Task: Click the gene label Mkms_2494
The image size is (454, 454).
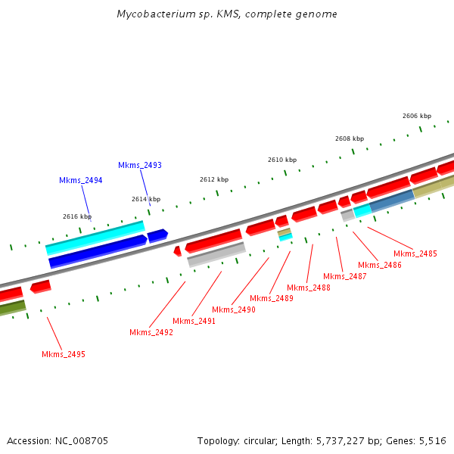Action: pyautogui.click(x=80, y=180)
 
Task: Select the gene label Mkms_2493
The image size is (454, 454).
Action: pyautogui.click(x=140, y=165)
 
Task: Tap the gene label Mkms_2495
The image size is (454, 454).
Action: pyautogui.click(x=64, y=354)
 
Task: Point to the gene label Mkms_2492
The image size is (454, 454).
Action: pyautogui.click(x=151, y=332)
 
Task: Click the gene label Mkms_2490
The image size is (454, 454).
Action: pyautogui.click(x=234, y=309)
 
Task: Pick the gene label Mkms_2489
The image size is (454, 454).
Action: pyautogui.click(x=272, y=298)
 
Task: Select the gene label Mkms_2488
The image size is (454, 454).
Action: pyautogui.click(x=309, y=288)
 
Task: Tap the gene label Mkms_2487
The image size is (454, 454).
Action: pyautogui.click(x=345, y=276)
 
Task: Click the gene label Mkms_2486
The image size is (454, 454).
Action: pyautogui.click(x=380, y=265)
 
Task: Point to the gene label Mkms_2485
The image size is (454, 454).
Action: pyautogui.click(x=415, y=253)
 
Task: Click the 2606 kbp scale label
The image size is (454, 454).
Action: pyautogui.click(x=417, y=116)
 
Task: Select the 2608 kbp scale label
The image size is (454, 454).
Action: pyautogui.click(x=350, y=138)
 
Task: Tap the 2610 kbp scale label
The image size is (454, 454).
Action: pyautogui.click(x=282, y=160)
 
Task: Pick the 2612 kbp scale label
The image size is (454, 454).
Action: pyautogui.click(x=214, y=179)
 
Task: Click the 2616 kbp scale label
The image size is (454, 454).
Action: pyautogui.click(x=77, y=216)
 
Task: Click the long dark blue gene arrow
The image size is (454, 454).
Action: pyautogui.click(x=97, y=252)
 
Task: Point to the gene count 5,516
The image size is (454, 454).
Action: pyautogui.click(x=432, y=440)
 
